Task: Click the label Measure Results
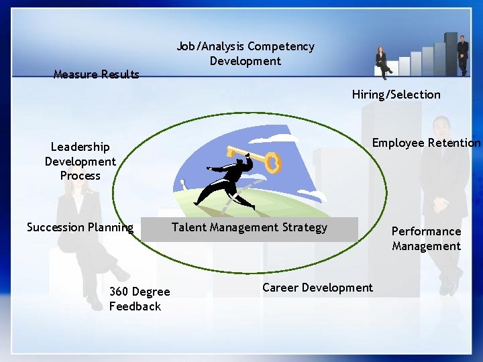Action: coord(96,74)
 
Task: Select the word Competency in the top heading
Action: coord(280,46)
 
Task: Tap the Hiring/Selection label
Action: coord(396,95)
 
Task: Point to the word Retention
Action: coord(455,143)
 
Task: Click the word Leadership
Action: coord(80,147)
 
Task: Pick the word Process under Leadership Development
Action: coord(80,176)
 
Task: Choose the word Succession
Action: coord(56,227)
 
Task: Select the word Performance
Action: coord(426,231)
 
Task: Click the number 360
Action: coord(119,292)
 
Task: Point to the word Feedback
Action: coord(135,306)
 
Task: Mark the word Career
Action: coord(280,288)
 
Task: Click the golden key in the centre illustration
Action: coord(256,158)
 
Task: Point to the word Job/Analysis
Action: coord(210,46)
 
